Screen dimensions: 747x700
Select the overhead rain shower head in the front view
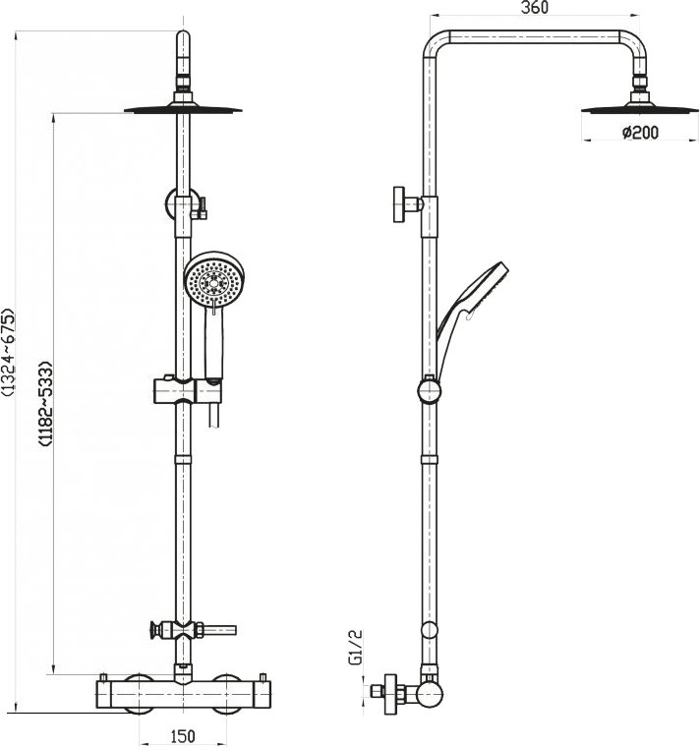tap(184, 108)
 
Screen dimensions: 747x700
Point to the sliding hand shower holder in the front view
tap(184, 390)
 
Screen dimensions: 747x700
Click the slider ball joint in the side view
tap(428, 392)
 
